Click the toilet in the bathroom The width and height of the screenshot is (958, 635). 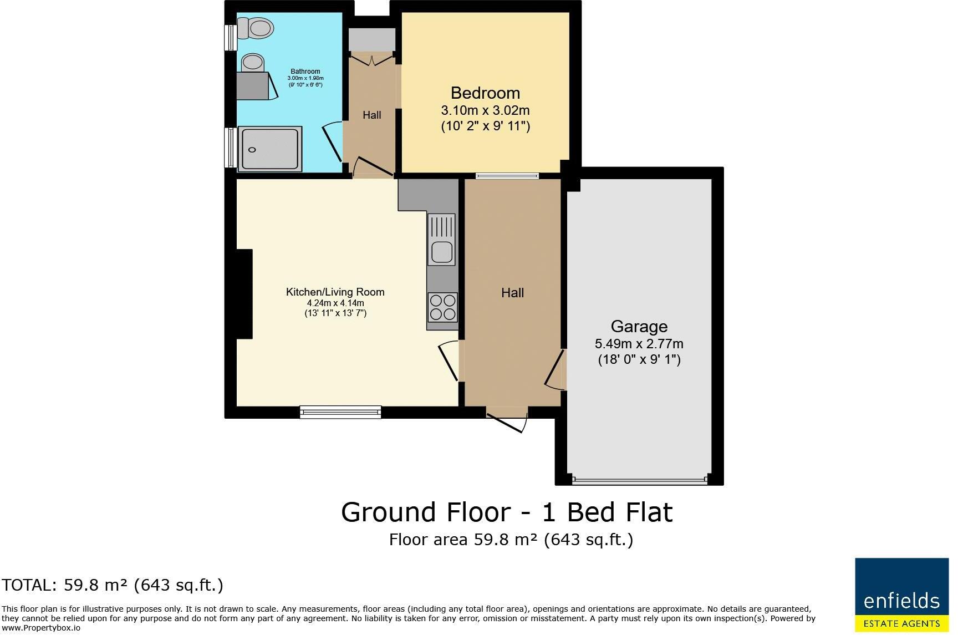[x=256, y=27]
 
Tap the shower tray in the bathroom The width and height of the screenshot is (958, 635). [x=271, y=149]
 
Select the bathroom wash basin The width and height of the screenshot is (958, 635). [x=253, y=63]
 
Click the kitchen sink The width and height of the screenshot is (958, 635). [x=442, y=252]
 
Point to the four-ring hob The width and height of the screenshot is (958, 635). [x=442, y=307]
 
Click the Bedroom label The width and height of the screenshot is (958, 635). [x=485, y=93]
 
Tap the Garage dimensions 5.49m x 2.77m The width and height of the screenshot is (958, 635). [x=639, y=343]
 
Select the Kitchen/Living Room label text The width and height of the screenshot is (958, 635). [x=335, y=292]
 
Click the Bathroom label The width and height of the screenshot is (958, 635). [x=305, y=72]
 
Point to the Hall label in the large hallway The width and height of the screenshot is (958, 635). [x=512, y=293]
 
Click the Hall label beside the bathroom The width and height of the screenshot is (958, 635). [x=372, y=115]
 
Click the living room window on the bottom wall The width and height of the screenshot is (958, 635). [x=340, y=412]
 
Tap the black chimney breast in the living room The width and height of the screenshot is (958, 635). [x=244, y=294]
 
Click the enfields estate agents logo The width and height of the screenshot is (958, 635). [x=901, y=595]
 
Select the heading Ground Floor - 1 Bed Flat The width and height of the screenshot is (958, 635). [x=507, y=512]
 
